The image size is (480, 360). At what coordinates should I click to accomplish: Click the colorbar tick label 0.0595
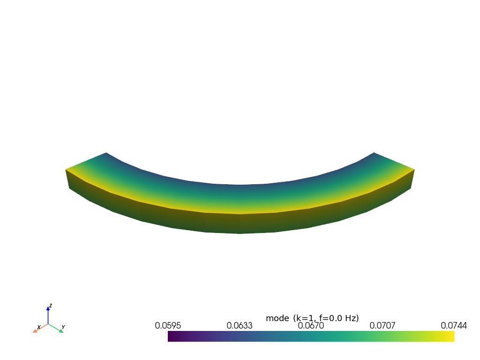tap(168, 326)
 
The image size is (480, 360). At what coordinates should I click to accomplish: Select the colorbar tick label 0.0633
tap(240, 326)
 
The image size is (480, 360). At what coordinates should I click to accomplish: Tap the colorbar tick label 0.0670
tap(311, 326)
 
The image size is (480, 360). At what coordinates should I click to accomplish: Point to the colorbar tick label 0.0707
tap(382, 326)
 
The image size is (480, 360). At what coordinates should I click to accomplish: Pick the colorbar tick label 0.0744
tap(454, 326)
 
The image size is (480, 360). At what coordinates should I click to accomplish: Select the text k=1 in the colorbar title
tap(303, 318)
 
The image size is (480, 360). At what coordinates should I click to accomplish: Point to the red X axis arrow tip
tap(34, 331)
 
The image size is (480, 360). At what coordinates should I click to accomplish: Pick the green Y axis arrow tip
tap(61, 331)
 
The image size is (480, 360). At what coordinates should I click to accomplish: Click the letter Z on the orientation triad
tap(51, 305)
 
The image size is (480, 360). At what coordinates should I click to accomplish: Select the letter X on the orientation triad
tap(38, 327)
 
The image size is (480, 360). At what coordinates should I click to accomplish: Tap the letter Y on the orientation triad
tap(63, 327)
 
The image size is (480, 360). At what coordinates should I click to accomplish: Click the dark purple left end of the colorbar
tap(170, 336)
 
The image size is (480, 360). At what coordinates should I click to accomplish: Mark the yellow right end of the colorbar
tap(452, 336)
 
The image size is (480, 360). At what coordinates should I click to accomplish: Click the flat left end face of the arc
tap(67, 179)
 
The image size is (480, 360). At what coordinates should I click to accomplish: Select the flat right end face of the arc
tap(412, 179)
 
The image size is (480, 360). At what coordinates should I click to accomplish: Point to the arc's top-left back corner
tap(106, 153)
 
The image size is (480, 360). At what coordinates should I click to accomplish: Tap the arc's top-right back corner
tap(374, 153)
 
